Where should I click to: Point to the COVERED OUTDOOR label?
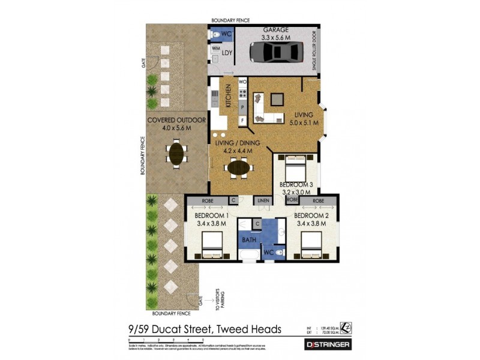[176, 121]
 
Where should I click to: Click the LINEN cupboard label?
[263, 200]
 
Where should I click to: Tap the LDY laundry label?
[227, 53]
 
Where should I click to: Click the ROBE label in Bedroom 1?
[208, 200]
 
